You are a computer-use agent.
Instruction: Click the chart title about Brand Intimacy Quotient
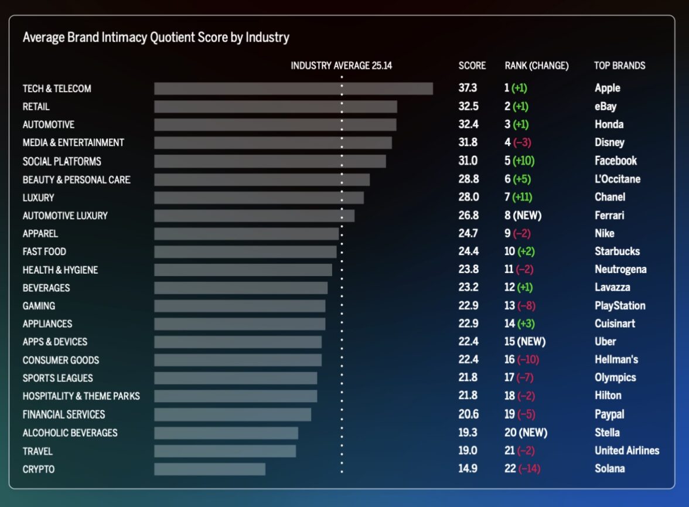pyautogui.click(x=156, y=38)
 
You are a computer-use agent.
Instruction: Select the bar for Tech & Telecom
pyautogui.click(x=293, y=89)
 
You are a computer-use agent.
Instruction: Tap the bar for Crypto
pyautogui.click(x=209, y=469)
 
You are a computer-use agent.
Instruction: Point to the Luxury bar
pyautogui.click(x=258, y=198)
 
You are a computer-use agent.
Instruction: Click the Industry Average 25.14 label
pyautogui.click(x=341, y=66)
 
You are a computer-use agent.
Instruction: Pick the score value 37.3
pyautogui.click(x=468, y=88)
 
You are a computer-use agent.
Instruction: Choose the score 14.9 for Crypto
pyautogui.click(x=468, y=468)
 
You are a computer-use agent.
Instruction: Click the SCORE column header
pyautogui.click(x=472, y=66)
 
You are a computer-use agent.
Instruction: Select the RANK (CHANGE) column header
pyautogui.click(x=536, y=66)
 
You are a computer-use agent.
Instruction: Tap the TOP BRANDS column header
pyautogui.click(x=619, y=66)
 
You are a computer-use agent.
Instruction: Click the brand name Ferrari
pyautogui.click(x=609, y=215)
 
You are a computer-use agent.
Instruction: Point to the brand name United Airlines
pyautogui.click(x=626, y=451)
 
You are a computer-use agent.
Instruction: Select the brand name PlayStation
pyautogui.click(x=619, y=305)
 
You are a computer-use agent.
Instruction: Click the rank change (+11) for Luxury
pyautogui.click(x=521, y=197)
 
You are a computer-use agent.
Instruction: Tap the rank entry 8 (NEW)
pyautogui.click(x=523, y=215)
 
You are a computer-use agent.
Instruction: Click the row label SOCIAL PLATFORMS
pyautogui.click(x=62, y=161)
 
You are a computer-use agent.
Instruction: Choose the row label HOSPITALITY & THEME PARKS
pyautogui.click(x=81, y=396)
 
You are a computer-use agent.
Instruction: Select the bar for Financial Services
pyautogui.click(x=232, y=414)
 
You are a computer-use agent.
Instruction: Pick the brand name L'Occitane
pyautogui.click(x=617, y=179)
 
